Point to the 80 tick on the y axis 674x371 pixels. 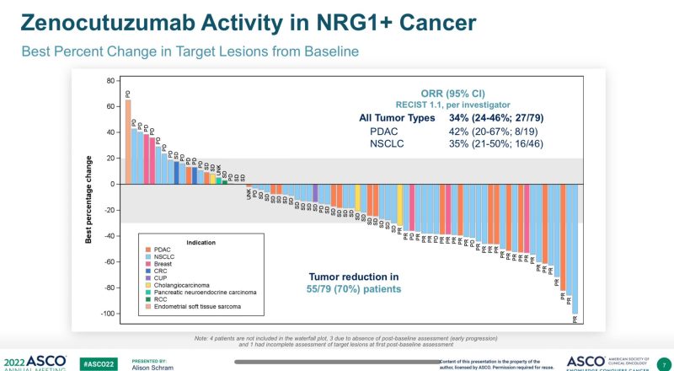(x=110, y=81)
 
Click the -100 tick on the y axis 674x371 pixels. (x=107, y=314)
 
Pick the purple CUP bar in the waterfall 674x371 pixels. (x=315, y=193)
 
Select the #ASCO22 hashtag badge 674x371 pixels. (x=99, y=362)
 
